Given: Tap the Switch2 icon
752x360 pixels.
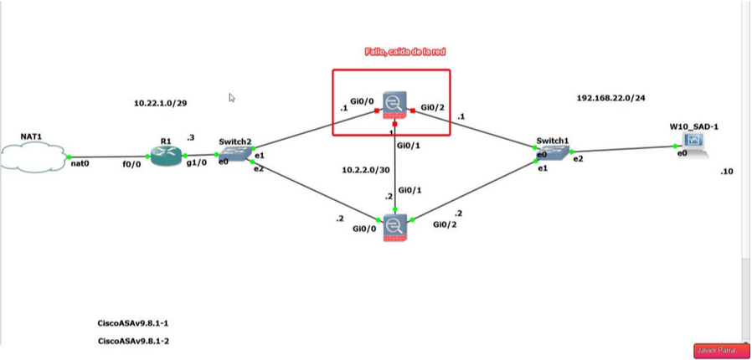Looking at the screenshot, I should coord(235,154).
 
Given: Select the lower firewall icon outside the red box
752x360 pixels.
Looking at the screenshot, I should coord(394,226).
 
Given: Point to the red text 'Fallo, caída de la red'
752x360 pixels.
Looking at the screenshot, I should coord(394,52).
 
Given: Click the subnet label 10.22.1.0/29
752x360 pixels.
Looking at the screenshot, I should coord(160,103).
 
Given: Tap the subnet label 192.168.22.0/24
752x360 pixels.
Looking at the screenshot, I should coord(610,98).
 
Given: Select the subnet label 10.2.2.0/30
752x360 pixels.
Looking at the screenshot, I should coord(367,169).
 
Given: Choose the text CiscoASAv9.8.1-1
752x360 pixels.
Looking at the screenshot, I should coord(140,322).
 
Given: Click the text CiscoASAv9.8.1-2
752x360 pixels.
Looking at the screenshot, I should coord(140,341).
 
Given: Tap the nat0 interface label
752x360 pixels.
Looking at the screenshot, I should coord(80,165).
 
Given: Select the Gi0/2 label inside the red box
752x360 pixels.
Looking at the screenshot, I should coord(432,107).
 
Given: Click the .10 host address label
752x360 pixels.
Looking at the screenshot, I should coord(726,172).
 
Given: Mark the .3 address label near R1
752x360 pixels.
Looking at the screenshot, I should coord(191,137).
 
